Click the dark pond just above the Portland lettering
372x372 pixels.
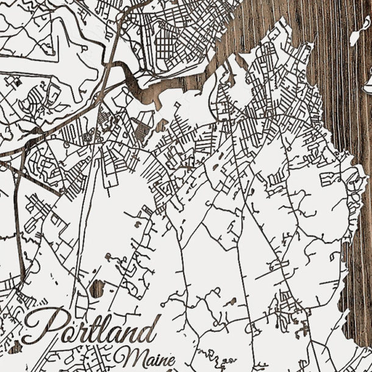[96, 289]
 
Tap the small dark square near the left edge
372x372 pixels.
[17, 81]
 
